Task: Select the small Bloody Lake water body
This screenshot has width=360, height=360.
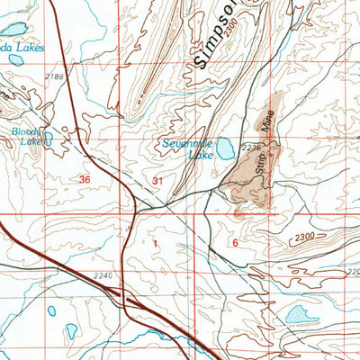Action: [49, 139]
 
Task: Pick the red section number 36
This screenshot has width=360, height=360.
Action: [85, 180]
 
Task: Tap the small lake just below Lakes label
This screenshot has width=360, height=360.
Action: [14, 60]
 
